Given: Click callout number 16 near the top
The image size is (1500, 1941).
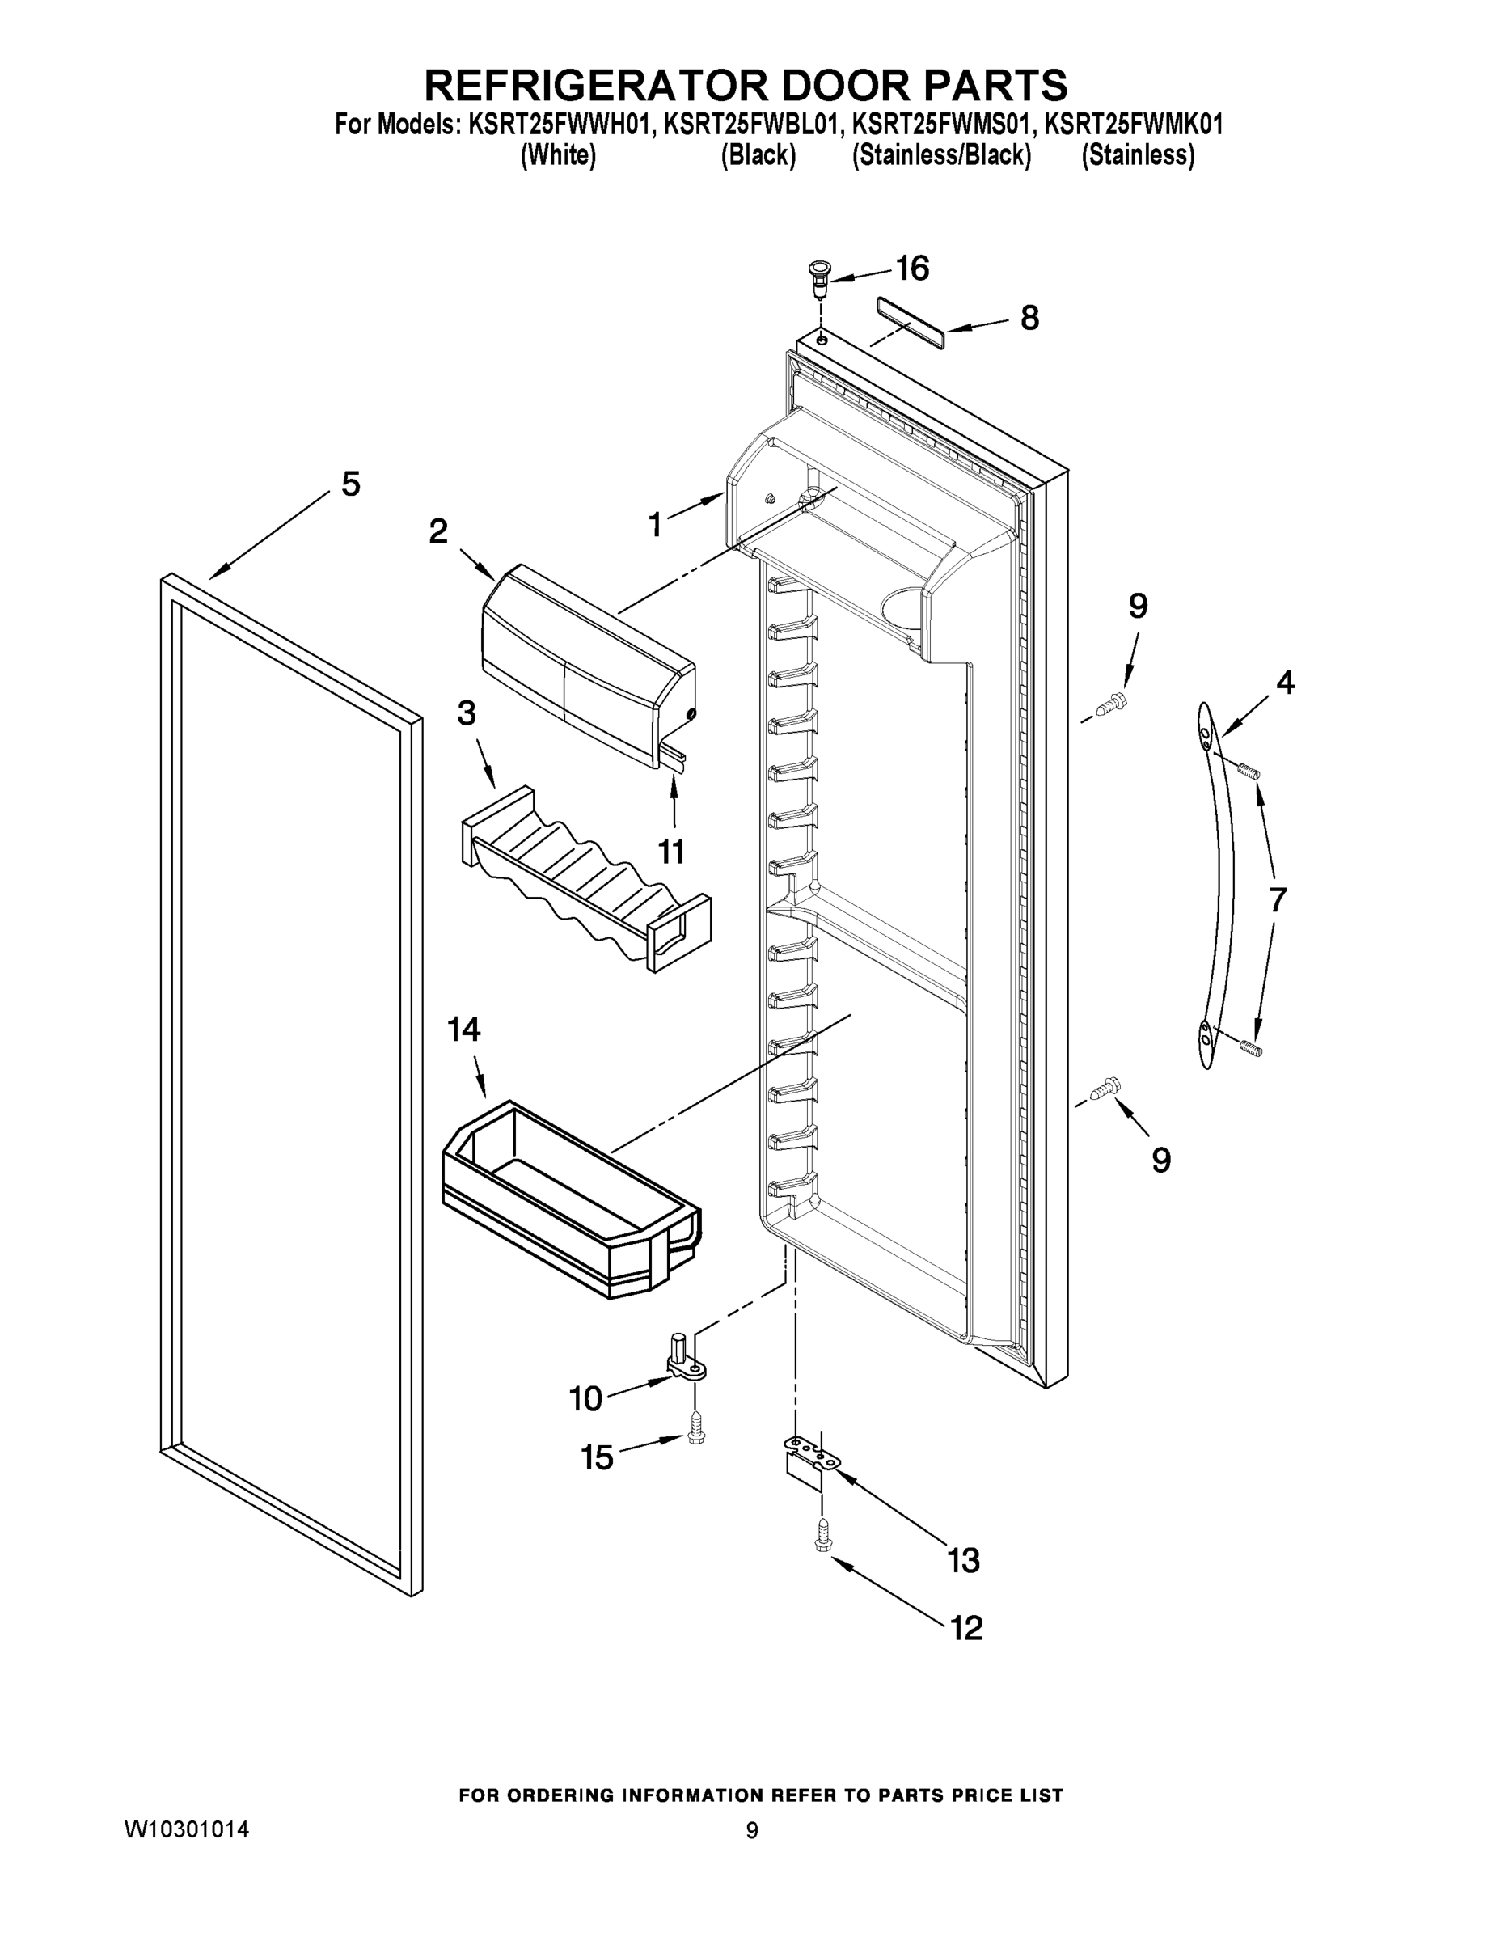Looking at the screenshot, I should (x=912, y=268).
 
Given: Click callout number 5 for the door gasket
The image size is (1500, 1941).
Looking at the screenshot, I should (x=351, y=484).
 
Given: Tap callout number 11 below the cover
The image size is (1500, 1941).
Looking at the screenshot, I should (x=671, y=852).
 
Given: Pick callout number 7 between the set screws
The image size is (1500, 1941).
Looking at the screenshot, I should (x=1277, y=899).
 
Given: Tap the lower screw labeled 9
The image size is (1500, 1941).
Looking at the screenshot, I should (x=1107, y=1087).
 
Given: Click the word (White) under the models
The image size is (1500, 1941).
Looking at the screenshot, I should (x=557, y=154).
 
